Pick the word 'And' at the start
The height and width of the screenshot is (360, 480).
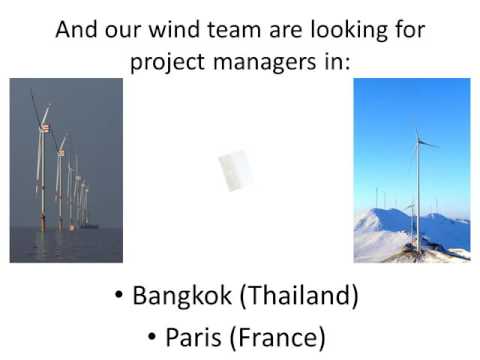pyautogui.click(x=75, y=29)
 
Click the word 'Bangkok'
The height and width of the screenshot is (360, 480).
pyautogui.click(x=177, y=297)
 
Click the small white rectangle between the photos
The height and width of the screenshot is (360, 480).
pyautogui.click(x=236, y=170)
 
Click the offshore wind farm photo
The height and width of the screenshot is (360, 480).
pyautogui.click(x=66, y=170)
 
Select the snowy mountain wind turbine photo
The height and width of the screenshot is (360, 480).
pyautogui.click(x=411, y=170)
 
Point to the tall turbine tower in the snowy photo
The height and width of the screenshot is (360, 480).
pyautogui.click(x=417, y=190)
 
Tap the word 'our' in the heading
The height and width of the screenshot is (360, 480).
pyautogui.click(x=119, y=30)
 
